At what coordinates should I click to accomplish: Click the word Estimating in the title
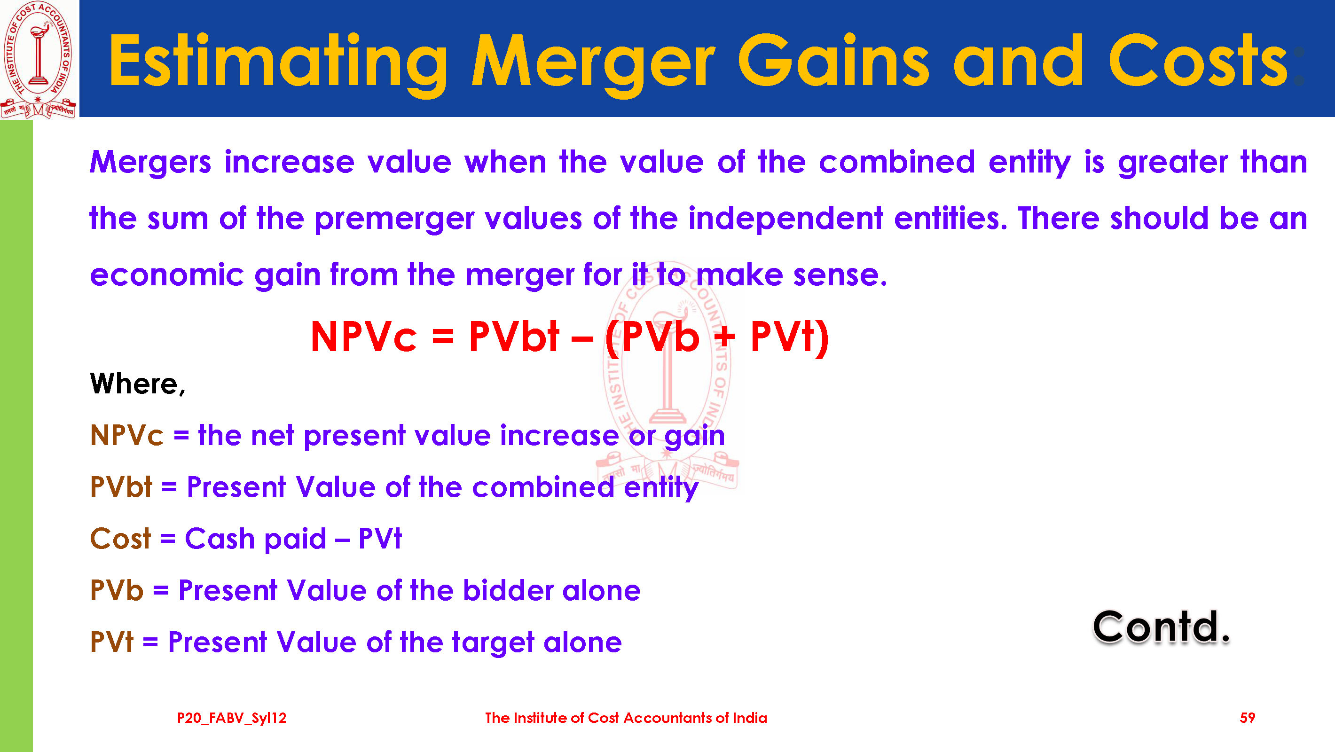point(278,62)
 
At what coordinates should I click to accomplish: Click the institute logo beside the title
point(39,59)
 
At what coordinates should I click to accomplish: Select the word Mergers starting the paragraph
point(150,163)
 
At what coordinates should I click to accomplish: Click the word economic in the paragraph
point(166,274)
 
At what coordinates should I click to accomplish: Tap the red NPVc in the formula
point(363,337)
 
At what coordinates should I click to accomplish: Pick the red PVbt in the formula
point(514,337)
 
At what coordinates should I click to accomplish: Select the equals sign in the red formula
point(443,338)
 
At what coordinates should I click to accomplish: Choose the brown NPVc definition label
point(126,435)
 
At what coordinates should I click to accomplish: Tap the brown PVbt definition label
point(121,487)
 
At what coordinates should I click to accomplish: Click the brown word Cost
point(120,539)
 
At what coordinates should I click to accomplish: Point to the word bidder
point(507,590)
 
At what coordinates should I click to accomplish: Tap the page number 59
point(1247,718)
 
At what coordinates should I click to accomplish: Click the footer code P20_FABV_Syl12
point(232,718)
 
